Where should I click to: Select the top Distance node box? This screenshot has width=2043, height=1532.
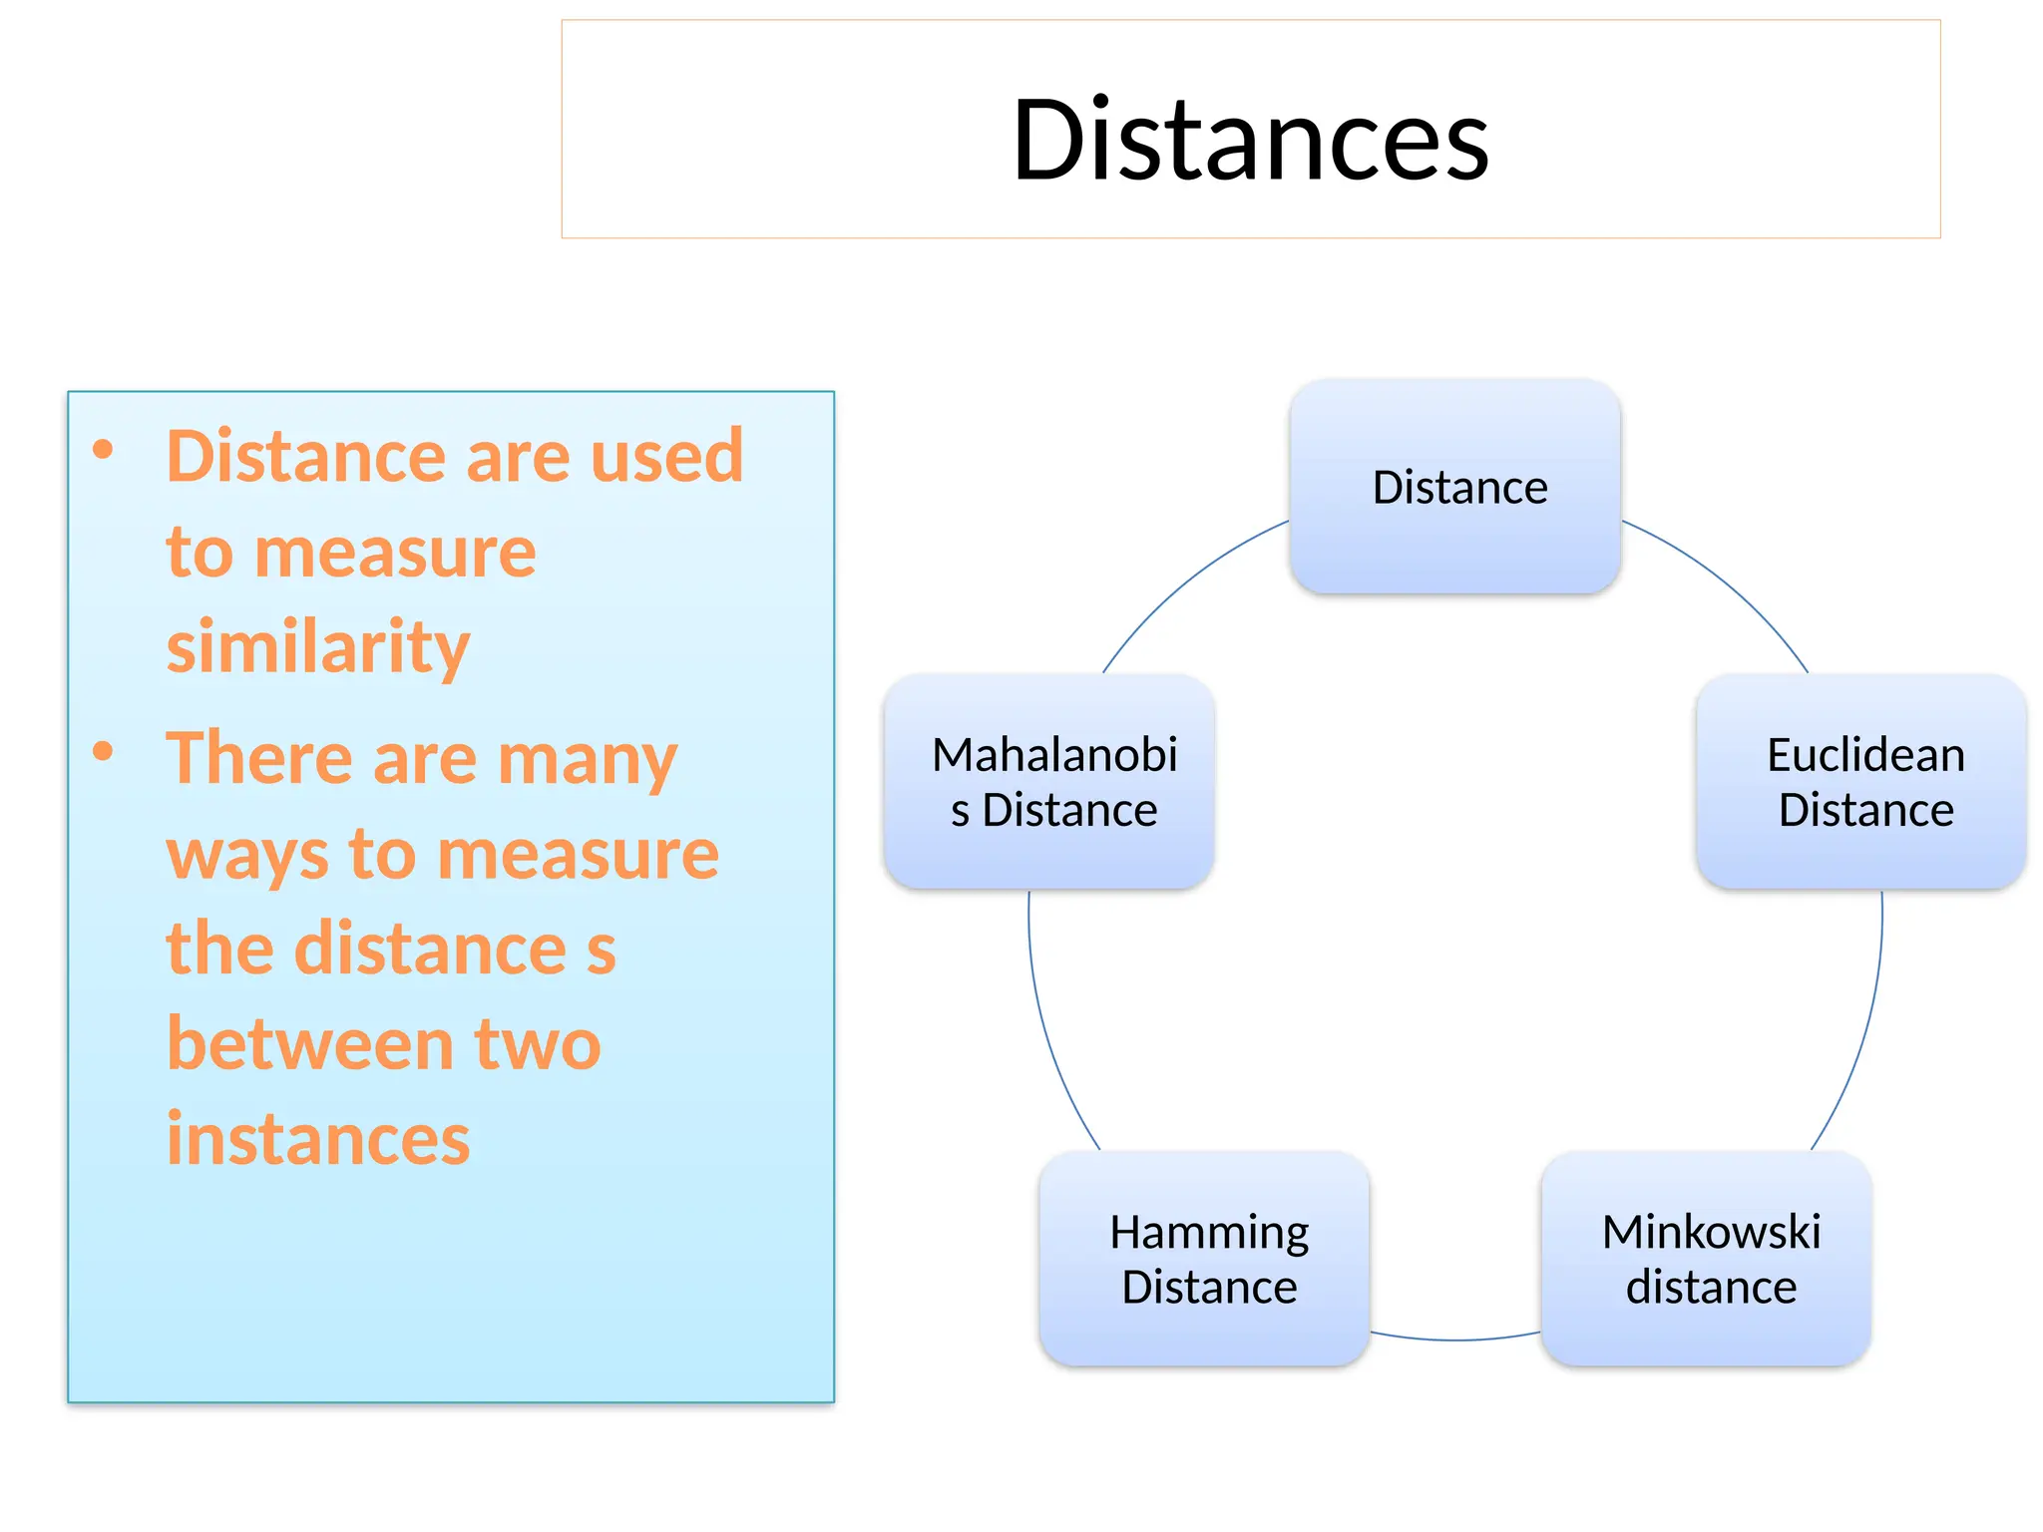(x=1454, y=487)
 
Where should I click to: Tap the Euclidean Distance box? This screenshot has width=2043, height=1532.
(x=1861, y=782)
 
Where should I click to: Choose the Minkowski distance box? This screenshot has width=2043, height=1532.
(x=1706, y=1259)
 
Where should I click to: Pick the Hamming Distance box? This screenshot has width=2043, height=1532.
(x=1205, y=1259)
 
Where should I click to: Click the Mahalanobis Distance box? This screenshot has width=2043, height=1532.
(x=1049, y=782)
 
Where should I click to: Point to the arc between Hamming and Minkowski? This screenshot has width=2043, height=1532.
(x=1455, y=1340)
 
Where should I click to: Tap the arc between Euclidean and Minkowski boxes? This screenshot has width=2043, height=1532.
(x=1866, y=1027)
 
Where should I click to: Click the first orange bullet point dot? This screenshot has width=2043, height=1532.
(x=103, y=450)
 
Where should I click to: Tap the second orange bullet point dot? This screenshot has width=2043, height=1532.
(x=103, y=751)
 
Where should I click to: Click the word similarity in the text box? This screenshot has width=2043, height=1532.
(x=317, y=646)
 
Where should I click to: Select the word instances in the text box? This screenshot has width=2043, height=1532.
(x=317, y=1138)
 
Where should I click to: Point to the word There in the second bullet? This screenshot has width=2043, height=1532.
(x=258, y=758)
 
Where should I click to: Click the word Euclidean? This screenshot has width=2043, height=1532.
(x=1864, y=755)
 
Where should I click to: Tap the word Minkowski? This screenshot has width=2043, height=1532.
(x=1710, y=1232)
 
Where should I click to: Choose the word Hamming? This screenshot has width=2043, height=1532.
(x=1208, y=1233)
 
